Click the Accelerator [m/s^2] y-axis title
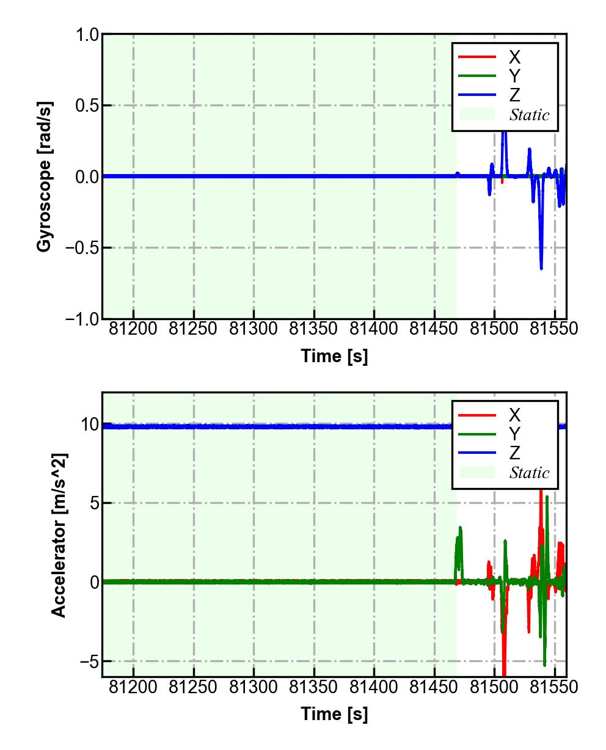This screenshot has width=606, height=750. pyautogui.click(x=59, y=535)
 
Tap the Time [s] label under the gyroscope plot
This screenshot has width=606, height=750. pyautogui.click(x=334, y=355)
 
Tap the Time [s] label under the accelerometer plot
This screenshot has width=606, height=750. pyautogui.click(x=334, y=713)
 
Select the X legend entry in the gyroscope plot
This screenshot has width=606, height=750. pyautogui.click(x=514, y=57)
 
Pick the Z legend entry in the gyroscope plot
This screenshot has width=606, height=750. pyautogui.click(x=514, y=95)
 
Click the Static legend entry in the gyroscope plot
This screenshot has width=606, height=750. pyautogui.click(x=529, y=115)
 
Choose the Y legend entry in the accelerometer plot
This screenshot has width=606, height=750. pyautogui.click(x=514, y=434)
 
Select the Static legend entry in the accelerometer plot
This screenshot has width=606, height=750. pyautogui.click(x=529, y=473)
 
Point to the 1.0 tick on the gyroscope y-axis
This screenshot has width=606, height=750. pyautogui.click(x=87, y=35)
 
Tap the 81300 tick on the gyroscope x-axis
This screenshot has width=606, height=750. pyautogui.click(x=254, y=329)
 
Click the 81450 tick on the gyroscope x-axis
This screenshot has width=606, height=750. pyautogui.click(x=434, y=329)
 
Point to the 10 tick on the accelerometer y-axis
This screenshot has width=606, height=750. pyautogui.click(x=89, y=424)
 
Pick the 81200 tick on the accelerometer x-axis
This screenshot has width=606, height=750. pyautogui.click(x=133, y=687)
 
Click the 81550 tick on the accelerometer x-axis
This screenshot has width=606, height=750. pyautogui.click(x=554, y=687)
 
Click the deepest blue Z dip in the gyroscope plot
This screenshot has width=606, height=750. pyautogui.click(x=541, y=268)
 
